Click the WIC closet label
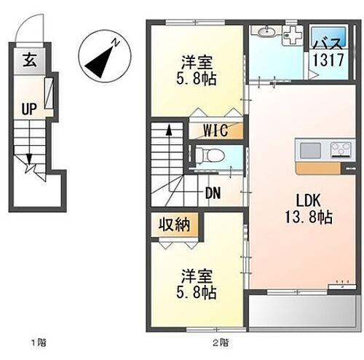215,131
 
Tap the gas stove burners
339,151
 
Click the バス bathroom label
328,44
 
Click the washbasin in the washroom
266,32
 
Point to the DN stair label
213,192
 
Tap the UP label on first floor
29,109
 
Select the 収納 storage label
175,224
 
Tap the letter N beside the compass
116,44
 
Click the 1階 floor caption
38,341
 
